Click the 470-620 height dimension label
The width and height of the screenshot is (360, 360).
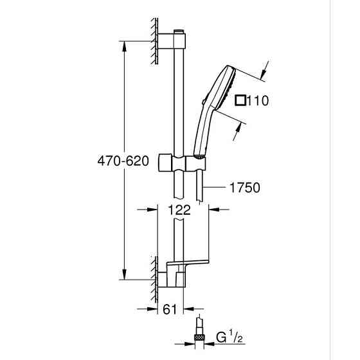point(122,161)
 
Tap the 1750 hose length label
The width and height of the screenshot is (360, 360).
point(244,188)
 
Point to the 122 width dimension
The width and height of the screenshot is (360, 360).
point(182,208)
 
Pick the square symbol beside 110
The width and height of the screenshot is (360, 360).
point(240,100)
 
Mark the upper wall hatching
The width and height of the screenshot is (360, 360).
point(154,40)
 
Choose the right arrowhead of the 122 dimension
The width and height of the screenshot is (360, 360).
point(214,208)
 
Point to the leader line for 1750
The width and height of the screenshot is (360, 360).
point(215,188)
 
